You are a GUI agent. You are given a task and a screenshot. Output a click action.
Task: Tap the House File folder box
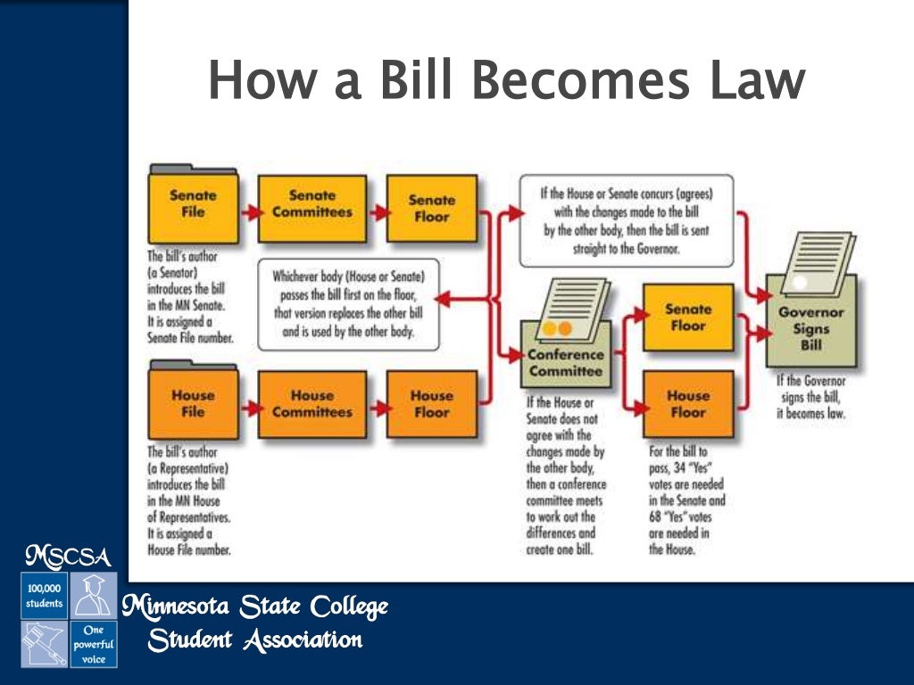click(193, 403)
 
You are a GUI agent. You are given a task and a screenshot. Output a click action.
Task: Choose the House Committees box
click(312, 403)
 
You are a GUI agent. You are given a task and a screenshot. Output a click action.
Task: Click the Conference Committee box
click(565, 362)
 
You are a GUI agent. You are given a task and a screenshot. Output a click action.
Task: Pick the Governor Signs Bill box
click(810, 328)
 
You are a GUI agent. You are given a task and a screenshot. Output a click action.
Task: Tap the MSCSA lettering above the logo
click(68, 557)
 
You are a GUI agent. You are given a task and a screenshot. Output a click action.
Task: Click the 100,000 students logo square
click(44, 596)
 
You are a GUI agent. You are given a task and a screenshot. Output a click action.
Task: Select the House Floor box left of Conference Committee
click(431, 403)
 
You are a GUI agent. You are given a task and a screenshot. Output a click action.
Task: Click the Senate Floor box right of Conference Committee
click(687, 318)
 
